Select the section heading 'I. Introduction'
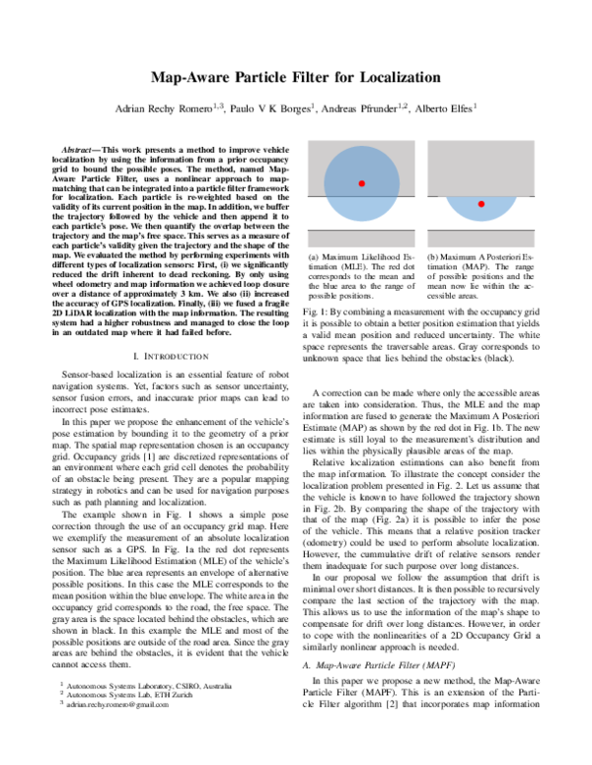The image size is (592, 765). pyautogui.click(x=172, y=354)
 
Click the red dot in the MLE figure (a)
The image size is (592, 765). pyautogui.click(x=362, y=184)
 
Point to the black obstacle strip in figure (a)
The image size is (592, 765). pyautogui.click(x=362, y=238)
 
